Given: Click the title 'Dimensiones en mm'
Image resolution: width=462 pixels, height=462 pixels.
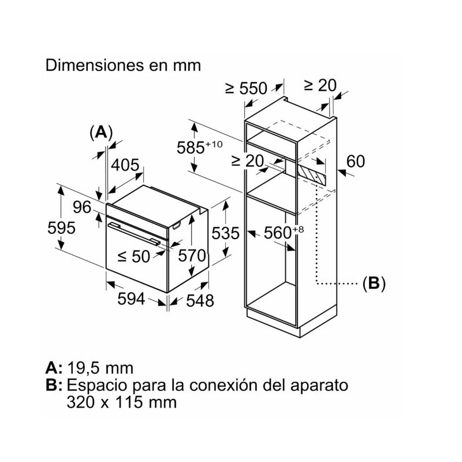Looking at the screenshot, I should tap(123, 65).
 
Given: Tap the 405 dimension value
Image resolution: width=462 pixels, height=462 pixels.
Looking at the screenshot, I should tap(125, 165).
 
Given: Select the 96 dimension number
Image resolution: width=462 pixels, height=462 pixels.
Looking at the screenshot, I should tap(83, 207).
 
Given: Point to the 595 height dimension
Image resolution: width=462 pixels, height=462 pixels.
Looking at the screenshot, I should tap(61, 228).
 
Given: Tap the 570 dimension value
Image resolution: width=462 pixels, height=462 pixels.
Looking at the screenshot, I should tap(192, 255).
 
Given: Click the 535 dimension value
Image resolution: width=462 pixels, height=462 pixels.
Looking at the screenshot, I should tap(224, 233).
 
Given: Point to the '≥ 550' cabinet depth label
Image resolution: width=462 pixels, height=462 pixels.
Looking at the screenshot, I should tap(247, 88).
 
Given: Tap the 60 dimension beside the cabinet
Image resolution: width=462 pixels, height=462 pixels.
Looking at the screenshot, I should tap(356, 161).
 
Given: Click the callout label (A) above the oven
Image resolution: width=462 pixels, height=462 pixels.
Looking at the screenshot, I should tap(101, 132).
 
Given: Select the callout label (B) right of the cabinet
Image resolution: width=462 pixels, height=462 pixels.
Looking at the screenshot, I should tap(373, 284).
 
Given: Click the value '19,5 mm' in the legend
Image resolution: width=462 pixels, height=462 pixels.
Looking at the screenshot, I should tap(100, 368).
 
